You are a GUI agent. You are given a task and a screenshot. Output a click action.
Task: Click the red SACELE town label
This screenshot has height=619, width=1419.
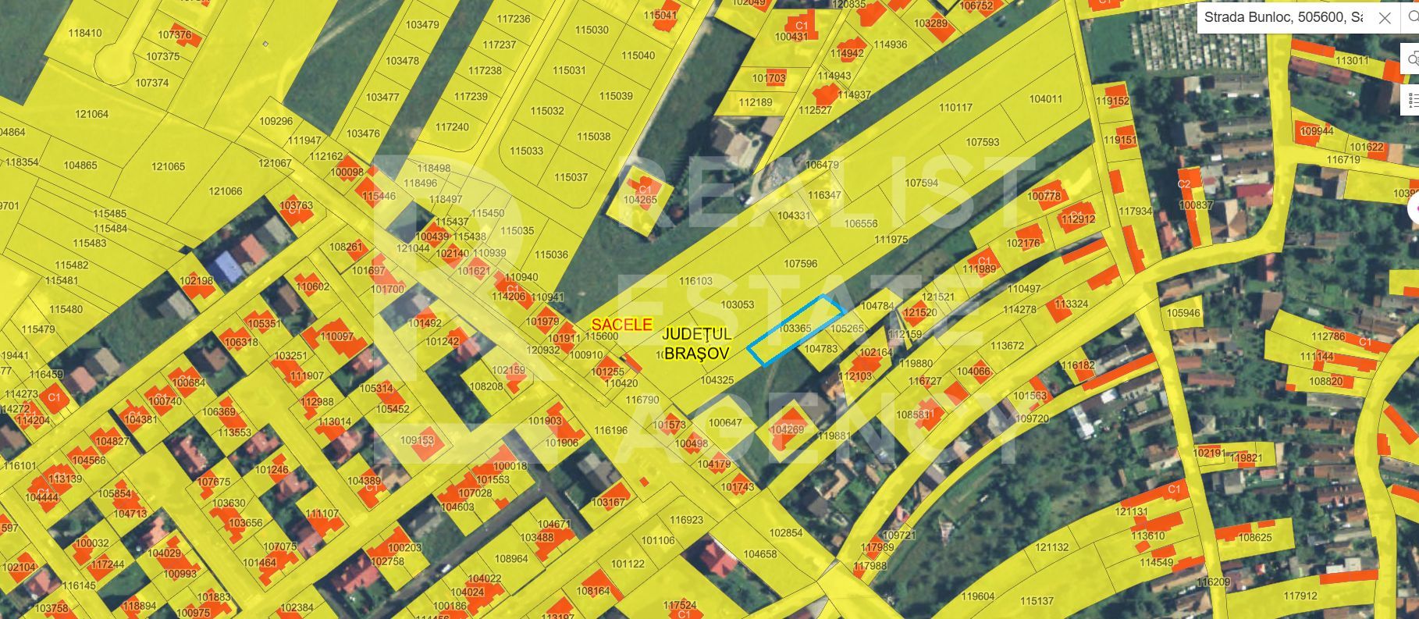(x=621, y=325)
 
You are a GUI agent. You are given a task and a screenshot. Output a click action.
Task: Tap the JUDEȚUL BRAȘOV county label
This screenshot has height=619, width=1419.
(x=695, y=343)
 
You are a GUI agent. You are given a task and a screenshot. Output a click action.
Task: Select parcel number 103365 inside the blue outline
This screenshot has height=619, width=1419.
(x=795, y=329)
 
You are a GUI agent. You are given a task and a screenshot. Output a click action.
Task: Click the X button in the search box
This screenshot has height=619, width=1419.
(x=1385, y=18)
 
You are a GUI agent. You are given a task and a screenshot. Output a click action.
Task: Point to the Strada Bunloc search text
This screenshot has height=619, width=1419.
(x=1283, y=18)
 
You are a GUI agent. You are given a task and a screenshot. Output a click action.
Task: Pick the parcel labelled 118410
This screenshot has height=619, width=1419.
(x=85, y=33)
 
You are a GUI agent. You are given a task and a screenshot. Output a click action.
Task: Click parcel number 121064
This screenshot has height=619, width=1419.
(x=91, y=114)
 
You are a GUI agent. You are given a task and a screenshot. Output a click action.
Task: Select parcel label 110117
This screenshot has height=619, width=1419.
(x=955, y=108)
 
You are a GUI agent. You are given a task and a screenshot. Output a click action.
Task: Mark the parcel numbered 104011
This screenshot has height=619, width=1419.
(x=1046, y=99)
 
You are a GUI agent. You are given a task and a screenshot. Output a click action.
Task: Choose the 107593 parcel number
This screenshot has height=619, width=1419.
(x=983, y=142)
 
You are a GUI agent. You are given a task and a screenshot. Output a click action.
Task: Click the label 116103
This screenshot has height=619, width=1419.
(x=695, y=281)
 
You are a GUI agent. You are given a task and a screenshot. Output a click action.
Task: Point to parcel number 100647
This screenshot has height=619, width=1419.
(x=725, y=422)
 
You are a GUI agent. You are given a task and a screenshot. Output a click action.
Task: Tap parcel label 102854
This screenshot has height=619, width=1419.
(x=786, y=533)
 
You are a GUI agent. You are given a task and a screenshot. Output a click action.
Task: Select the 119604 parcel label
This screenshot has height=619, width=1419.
(x=978, y=596)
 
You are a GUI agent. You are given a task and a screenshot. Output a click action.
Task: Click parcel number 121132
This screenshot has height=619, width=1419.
(x=1052, y=547)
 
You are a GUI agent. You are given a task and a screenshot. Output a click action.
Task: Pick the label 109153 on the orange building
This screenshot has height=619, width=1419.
(x=417, y=440)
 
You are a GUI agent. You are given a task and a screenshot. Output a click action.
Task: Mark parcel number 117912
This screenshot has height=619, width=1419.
(x=1300, y=596)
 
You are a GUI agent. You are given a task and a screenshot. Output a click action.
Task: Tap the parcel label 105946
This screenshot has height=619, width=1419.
(x=1183, y=313)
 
